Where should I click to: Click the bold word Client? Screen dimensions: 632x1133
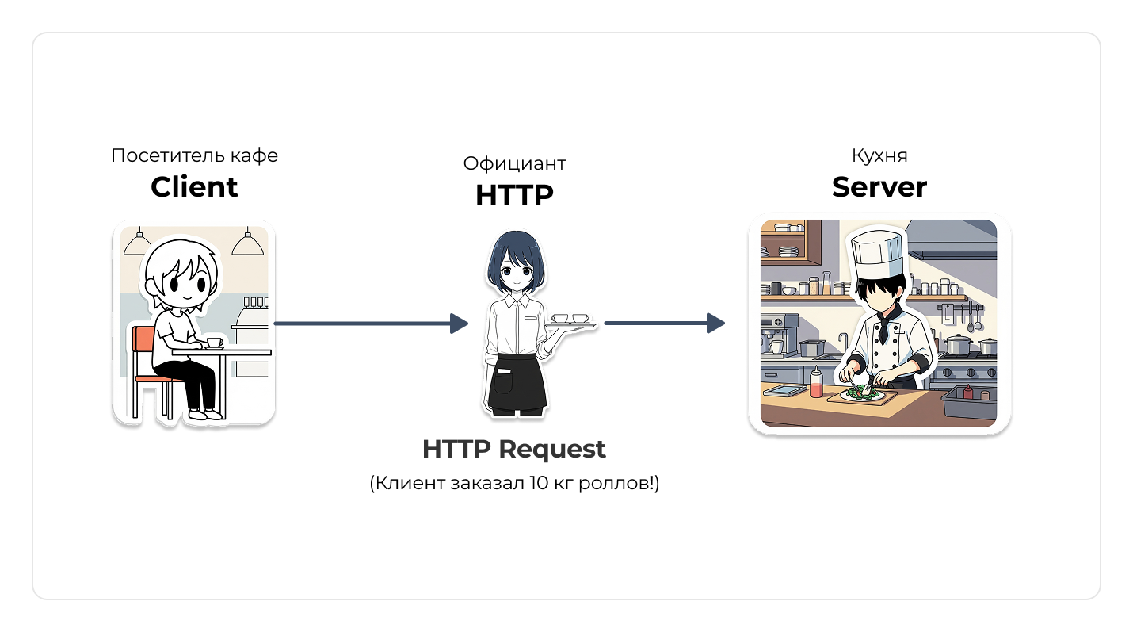point(194,187)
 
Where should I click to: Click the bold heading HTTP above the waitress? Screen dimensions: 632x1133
point(514,195)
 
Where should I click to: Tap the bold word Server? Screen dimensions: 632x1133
point(879,187)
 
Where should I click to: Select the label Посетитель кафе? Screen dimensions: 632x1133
point(194,155)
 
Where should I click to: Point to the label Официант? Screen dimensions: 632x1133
point(514,163)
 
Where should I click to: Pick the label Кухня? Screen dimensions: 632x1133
point(879,155)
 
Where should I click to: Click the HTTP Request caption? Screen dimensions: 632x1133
point(514,450)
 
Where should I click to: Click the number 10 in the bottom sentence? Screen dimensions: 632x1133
point(533,484)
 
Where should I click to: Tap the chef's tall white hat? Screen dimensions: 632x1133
point(876,255)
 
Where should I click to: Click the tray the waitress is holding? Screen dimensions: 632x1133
point(570,324)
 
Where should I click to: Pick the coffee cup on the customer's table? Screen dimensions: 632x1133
point(214,343)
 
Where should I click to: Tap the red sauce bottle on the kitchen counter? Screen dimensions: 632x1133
point(816,384)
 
